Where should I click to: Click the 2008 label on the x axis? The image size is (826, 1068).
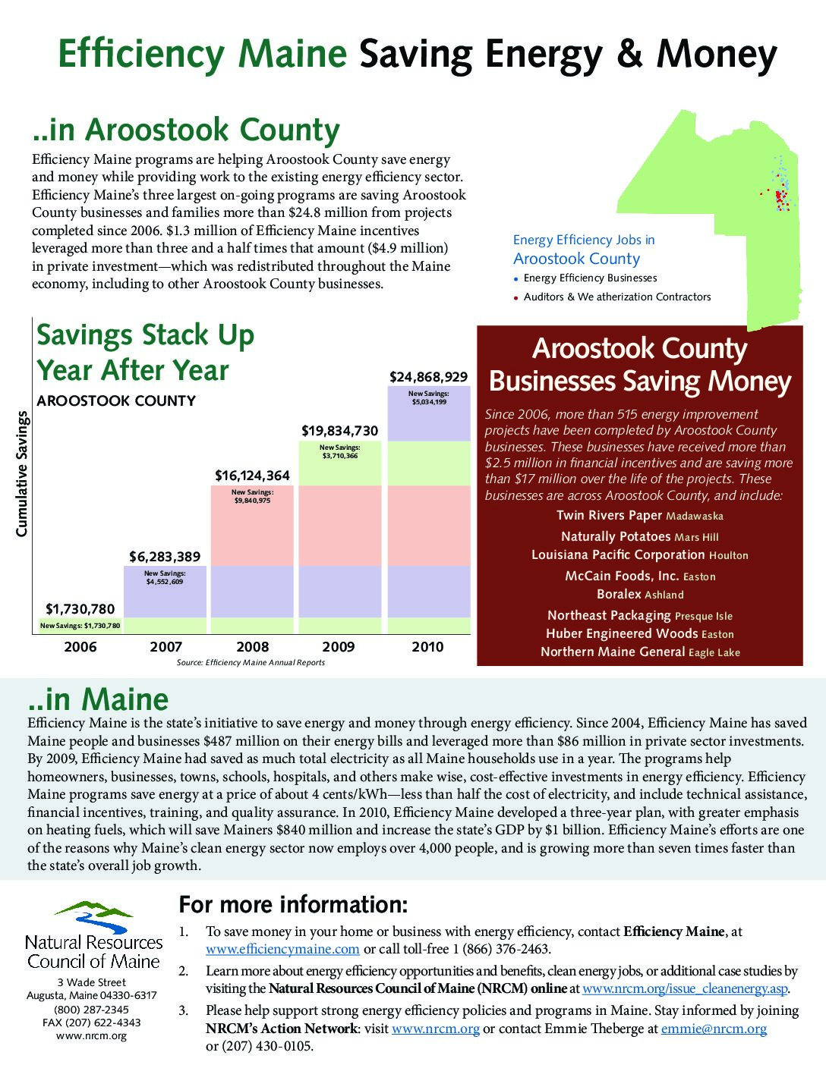pos(252,647)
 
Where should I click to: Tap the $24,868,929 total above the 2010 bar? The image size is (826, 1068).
pos(428,377)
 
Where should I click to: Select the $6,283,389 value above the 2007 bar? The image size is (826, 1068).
pos(165,557)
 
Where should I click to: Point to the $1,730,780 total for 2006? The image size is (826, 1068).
pos(80,609)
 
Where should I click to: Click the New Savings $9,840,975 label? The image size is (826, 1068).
pos(252,496)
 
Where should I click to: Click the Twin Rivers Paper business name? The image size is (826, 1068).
pos(610,516)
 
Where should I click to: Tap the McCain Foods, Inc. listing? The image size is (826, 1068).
pos(622,576)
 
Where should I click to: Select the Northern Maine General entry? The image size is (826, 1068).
pos(613,652)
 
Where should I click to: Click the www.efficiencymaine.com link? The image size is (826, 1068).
pos(282,949)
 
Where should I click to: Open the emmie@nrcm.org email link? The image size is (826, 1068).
pos(714,1029)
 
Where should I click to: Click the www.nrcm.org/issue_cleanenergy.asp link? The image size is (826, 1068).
pos(685,989)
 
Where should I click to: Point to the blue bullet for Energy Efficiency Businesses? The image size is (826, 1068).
pos(515,279)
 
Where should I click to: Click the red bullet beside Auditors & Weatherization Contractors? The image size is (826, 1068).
pos(515,298)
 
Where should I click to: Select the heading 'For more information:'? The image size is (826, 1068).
pos(293,905)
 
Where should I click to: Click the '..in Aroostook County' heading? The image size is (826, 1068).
pos(186,130)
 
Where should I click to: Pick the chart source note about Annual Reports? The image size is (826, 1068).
pos(251,662)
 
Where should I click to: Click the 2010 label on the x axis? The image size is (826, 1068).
pos(427,647)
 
